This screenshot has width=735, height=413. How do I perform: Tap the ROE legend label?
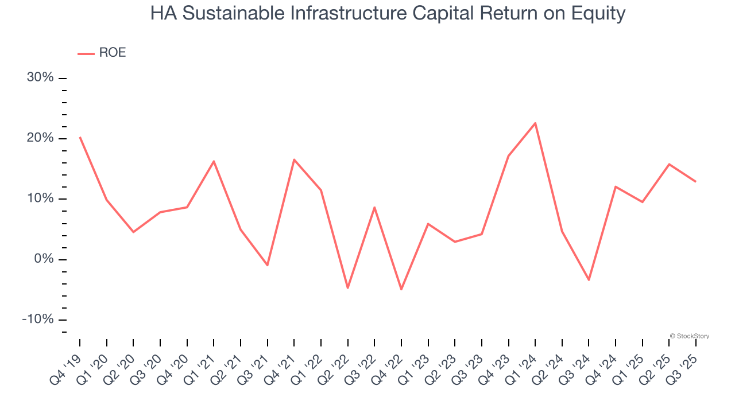(x=113, y=53)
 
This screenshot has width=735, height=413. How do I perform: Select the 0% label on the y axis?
(x=44, y=259)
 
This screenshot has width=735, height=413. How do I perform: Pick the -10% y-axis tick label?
(x=38, y=320)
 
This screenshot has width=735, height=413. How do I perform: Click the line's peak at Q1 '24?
(x=535, y=123)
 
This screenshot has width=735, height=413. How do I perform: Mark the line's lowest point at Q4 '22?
(x=401, y=290)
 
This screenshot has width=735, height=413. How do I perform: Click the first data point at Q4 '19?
(x=80, y=137)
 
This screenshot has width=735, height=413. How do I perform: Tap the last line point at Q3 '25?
(x=696, y=181)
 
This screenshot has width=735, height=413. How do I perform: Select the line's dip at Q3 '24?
(x=589, y=280)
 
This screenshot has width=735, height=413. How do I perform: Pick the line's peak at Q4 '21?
(x=294, y=159)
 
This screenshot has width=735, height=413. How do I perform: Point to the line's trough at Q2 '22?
(x=348, y=288)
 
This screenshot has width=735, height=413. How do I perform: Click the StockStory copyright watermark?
(x=689, y=336)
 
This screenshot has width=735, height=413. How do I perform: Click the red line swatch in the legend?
(x=86, y=53)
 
